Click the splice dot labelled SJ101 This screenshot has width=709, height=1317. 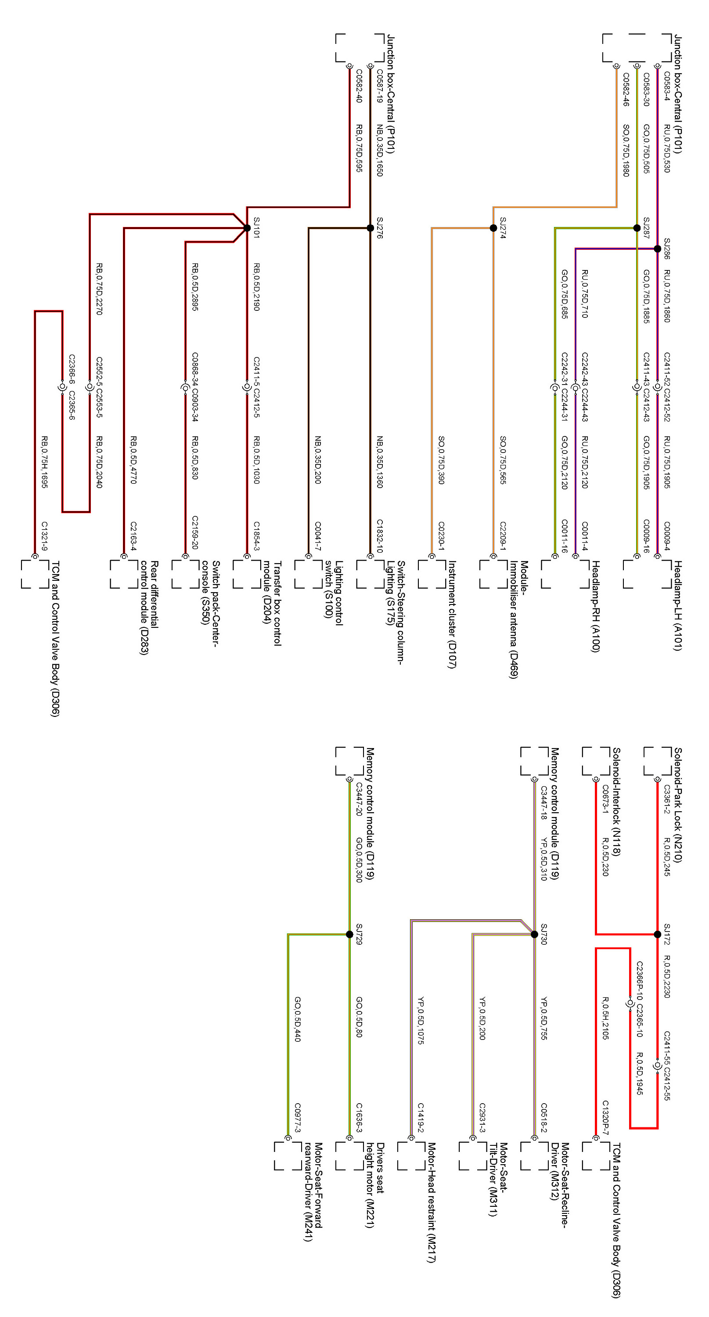(247, 228)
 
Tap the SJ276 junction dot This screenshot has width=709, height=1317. (370, 228)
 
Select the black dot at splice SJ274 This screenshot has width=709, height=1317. (493, 228)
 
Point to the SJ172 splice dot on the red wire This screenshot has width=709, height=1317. (657, 935)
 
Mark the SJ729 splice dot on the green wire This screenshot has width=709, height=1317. (349, 935)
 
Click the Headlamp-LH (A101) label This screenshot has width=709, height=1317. (678, 605)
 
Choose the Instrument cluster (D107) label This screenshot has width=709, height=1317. (452, 614)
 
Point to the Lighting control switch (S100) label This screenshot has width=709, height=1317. (333, 593)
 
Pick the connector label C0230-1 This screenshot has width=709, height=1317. (442, 536)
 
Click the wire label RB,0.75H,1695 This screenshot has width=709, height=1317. (44, 462)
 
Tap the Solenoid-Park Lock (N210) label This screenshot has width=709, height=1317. (678, 805)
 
